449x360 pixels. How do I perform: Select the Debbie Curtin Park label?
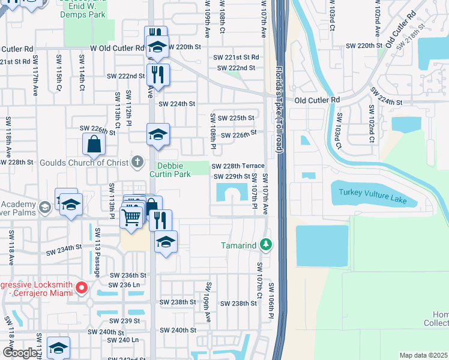coord(174,170)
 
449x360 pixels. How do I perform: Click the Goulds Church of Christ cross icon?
coord(137,162)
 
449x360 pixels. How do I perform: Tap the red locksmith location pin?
coord(82,289)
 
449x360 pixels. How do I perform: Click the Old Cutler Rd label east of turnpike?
coord(316,100)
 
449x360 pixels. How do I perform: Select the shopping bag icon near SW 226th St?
coord(94,144)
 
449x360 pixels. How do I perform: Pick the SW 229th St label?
coord(232,176)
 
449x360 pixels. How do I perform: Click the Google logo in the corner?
coord(20,353)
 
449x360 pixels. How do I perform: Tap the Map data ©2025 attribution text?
coord(423,355)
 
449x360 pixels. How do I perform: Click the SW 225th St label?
coord(236,118)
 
